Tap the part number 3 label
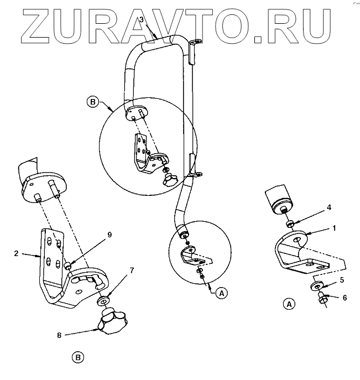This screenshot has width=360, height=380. point(142,20)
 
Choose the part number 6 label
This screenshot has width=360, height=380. point(345,298)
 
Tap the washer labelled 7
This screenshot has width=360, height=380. point(103,302)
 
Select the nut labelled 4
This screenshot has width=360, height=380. point(289,223)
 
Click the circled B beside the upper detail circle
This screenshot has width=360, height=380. point(92,102)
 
